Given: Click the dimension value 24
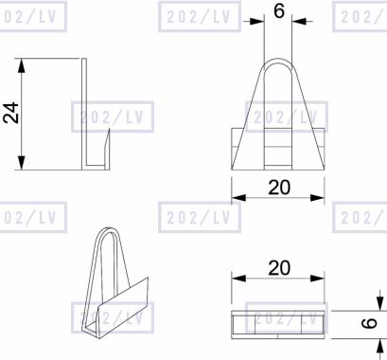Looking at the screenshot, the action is [11, 113].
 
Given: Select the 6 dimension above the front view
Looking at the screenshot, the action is [279, 11].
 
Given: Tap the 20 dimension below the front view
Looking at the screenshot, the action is [279, 188].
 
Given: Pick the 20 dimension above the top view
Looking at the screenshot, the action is [279, 268].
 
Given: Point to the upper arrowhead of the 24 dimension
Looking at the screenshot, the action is [21, 65].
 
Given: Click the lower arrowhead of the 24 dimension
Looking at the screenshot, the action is [21, 162].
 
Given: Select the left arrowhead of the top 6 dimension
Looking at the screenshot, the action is [256, 21].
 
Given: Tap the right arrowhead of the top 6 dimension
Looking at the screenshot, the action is [299, 21].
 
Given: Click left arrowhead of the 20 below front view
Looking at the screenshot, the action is [238, 198].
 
